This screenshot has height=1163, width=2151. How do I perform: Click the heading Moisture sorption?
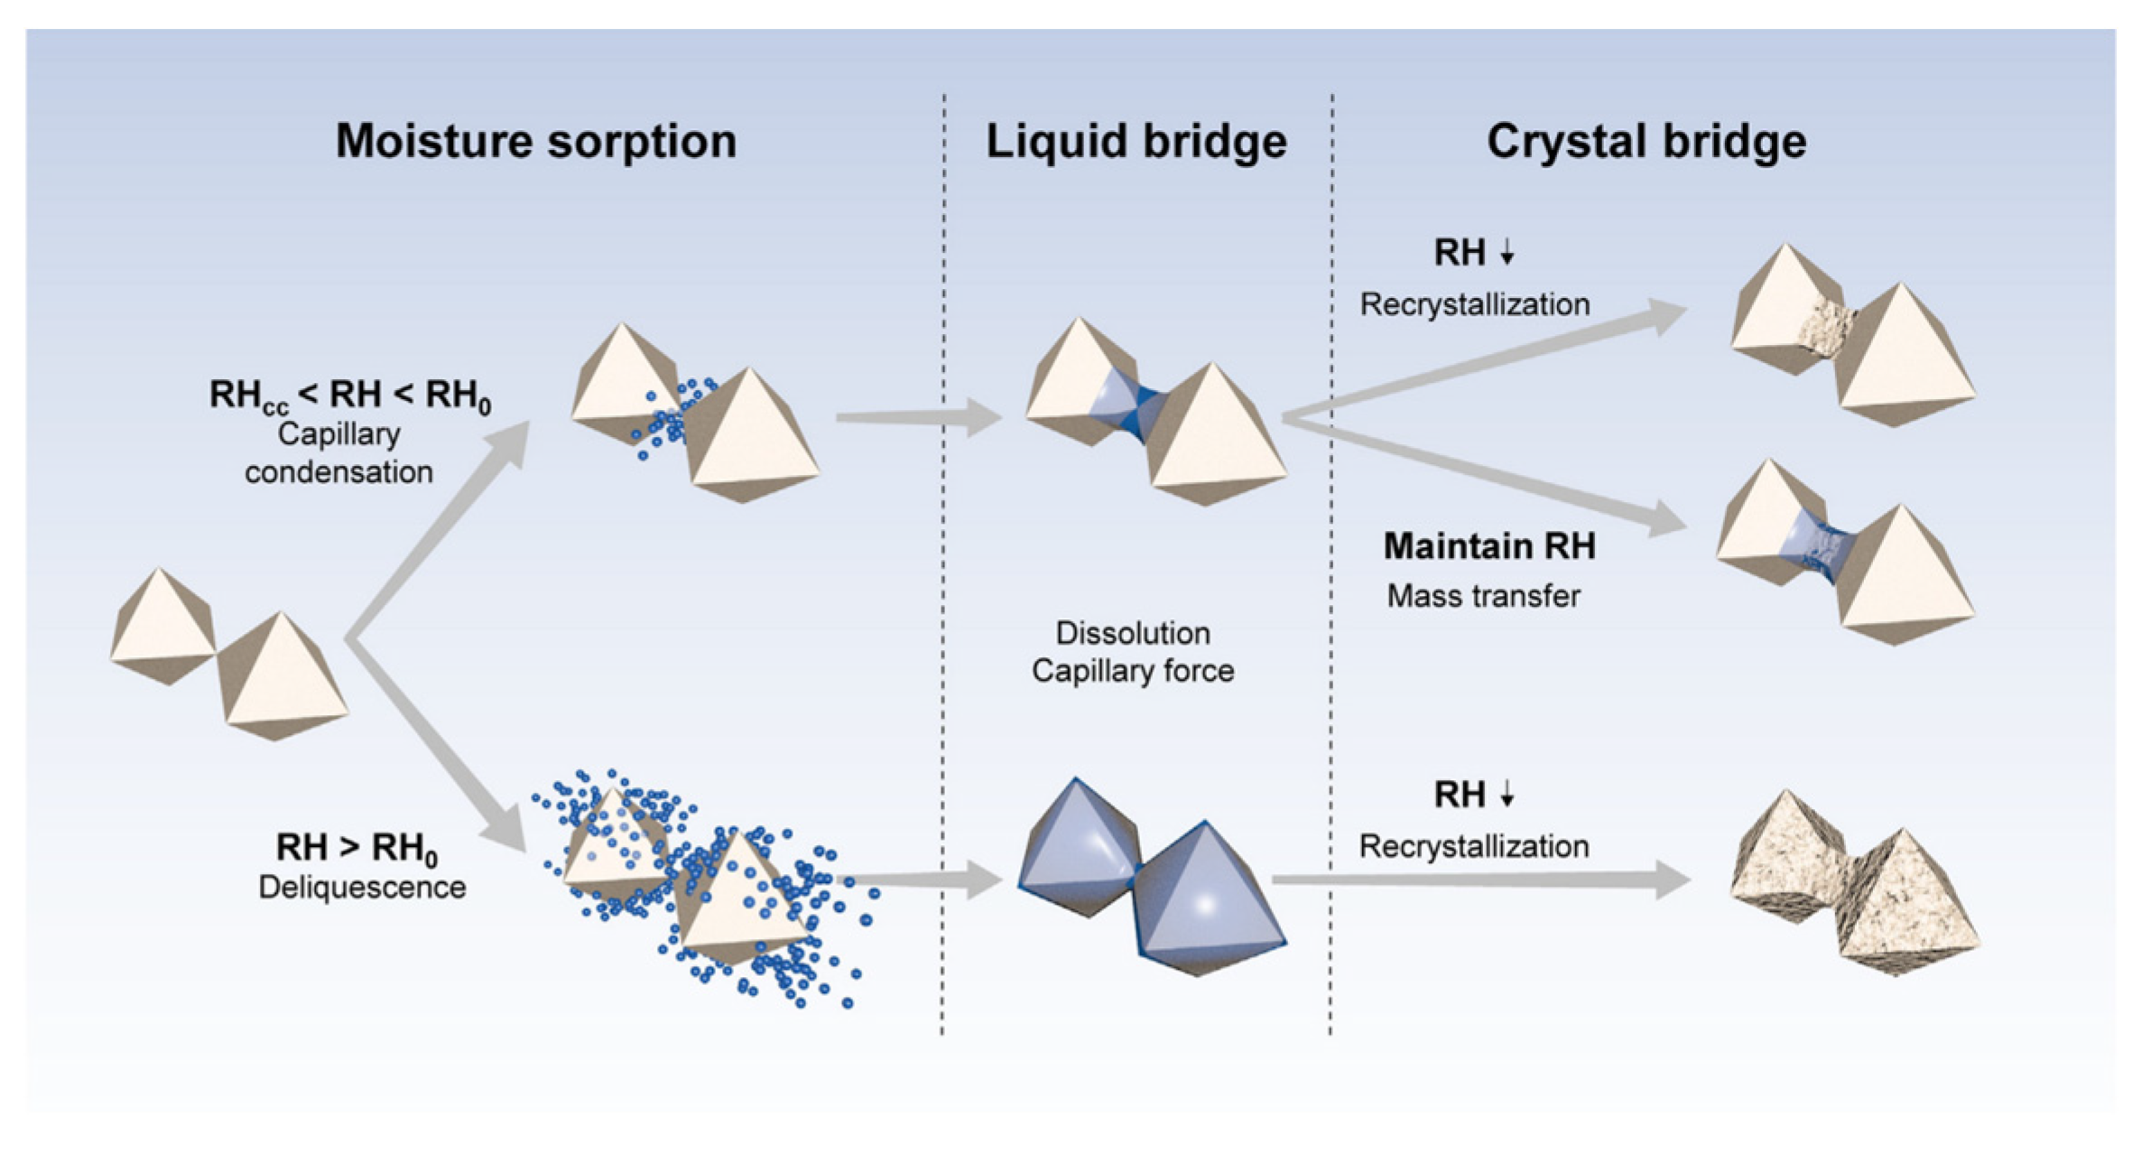(x=536, y=142)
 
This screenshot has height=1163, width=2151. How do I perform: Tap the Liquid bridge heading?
(x=1136, y=142)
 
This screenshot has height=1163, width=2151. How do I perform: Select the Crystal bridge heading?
(x=1646, y=142)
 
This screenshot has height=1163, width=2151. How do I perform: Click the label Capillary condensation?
(x=338, y=453)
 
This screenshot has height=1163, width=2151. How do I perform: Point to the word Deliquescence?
(x=362, y=887)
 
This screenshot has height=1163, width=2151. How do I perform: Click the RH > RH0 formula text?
(x=357, y=848)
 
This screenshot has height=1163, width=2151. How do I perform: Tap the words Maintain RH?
(x=1489, y=546)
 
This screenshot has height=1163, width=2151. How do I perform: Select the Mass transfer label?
(x=1483, y=596)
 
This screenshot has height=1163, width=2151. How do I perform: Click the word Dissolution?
(x=1133, y=633)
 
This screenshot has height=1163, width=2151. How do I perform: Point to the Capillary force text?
(x=1133, y=671)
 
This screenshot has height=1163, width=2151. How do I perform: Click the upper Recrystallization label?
(x=1475, y=304)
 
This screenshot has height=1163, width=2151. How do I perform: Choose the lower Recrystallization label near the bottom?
(x=1474, y=846)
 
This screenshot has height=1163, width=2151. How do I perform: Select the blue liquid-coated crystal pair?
(x=1151, y=876)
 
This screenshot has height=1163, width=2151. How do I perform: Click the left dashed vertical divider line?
(x=943, y=560)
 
